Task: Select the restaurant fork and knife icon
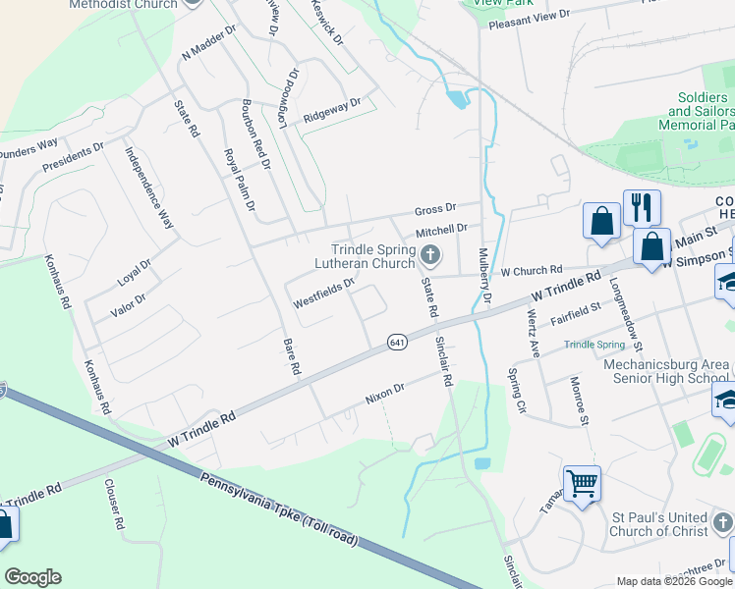tap(642, 207)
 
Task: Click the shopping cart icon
tap(582, 482)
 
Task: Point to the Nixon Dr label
tap(385, 391)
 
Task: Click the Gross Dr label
tap(435, 209)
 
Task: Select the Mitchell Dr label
tap(441, 229)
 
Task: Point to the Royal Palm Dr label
tap(239, 180)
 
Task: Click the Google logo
tap(32, 576)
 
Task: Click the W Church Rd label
tap(531, 270)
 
